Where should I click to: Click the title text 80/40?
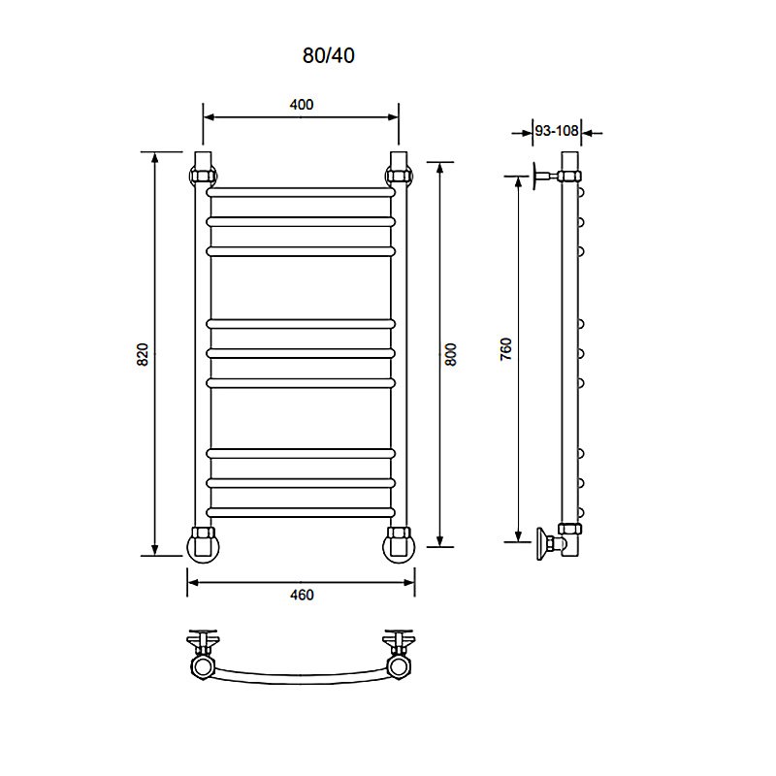(x=328, y=55)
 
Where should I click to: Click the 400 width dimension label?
(x=302, y=105)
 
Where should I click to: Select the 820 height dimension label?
(x=143, y=354)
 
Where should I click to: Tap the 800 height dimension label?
(x=451, y=354)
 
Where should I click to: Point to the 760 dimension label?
(x=505, y=349)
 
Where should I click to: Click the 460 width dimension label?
(x=302, y=595)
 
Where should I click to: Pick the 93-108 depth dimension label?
(x=557, y=131)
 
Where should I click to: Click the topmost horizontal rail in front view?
(x=301, y=192)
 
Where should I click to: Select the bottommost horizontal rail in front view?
(x=301, y=513)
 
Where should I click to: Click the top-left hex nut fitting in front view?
(x=204, y=176)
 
